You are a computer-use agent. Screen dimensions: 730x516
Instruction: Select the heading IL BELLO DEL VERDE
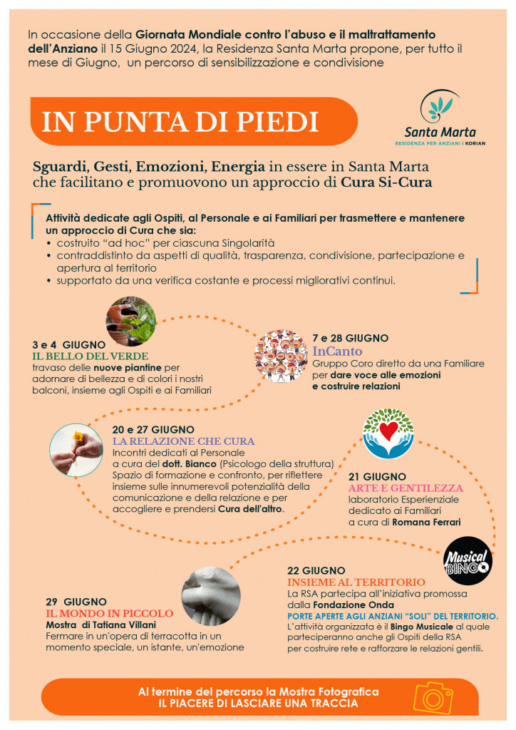(x=90, y=356)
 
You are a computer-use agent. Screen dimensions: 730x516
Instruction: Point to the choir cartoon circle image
(x=280, y=352)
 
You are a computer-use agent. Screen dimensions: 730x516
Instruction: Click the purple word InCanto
(x=337, y=351)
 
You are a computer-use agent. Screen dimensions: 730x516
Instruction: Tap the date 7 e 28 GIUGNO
(x=350, y=337)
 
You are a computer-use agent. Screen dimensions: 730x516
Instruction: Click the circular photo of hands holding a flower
(x=76, y=450)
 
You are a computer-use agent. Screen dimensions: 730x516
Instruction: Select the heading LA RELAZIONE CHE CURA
(x=183, y=441)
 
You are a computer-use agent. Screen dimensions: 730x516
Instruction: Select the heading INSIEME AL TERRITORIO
(x=356, y=582)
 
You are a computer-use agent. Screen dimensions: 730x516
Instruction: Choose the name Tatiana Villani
(x=132, y=624)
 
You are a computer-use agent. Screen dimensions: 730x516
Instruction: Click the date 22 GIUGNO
(x=316, y=570)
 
